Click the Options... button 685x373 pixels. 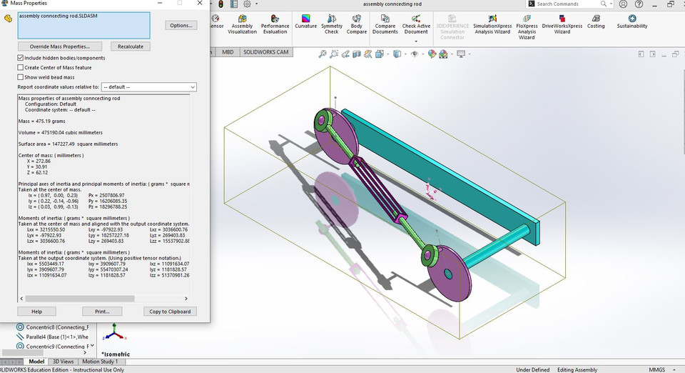click(x=181, y=26)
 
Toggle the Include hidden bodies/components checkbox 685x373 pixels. click(x=21, y=58)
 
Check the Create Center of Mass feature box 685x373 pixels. click(x=21, y=68)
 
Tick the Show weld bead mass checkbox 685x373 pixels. click(x=21, y=77)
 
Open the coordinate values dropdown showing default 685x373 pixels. click(x=148, y=87)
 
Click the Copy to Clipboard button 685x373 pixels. click(x=170, y=312)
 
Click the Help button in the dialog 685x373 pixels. click(x=37, y=312)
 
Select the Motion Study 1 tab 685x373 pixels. click(x=100, y=362)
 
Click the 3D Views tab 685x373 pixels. click(x=63, y=362)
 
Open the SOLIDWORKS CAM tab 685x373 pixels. click(x=266, y=52)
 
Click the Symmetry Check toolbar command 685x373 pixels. click(x=332, y=23)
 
